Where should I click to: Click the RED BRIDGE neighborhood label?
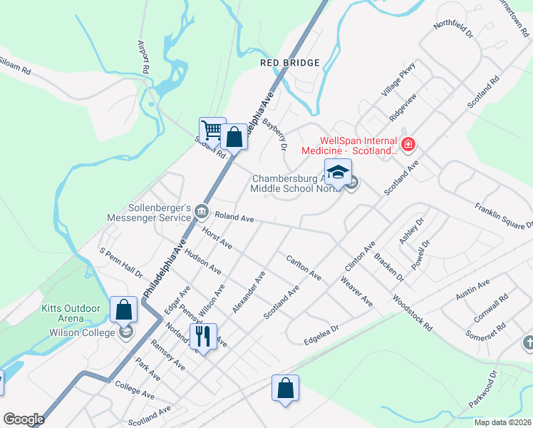coord(289,63)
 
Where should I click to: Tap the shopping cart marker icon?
coord(212,130)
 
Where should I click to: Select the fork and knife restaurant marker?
coord(203,335)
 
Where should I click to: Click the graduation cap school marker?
coord(338,171)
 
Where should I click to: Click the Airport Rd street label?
coord(142,58)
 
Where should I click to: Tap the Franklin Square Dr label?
coord(503,215)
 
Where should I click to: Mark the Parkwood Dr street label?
coord(482,389)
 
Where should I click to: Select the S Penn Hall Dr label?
coord(121,263)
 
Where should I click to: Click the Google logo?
coord(24,419)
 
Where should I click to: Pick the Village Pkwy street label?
coord(398,80)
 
